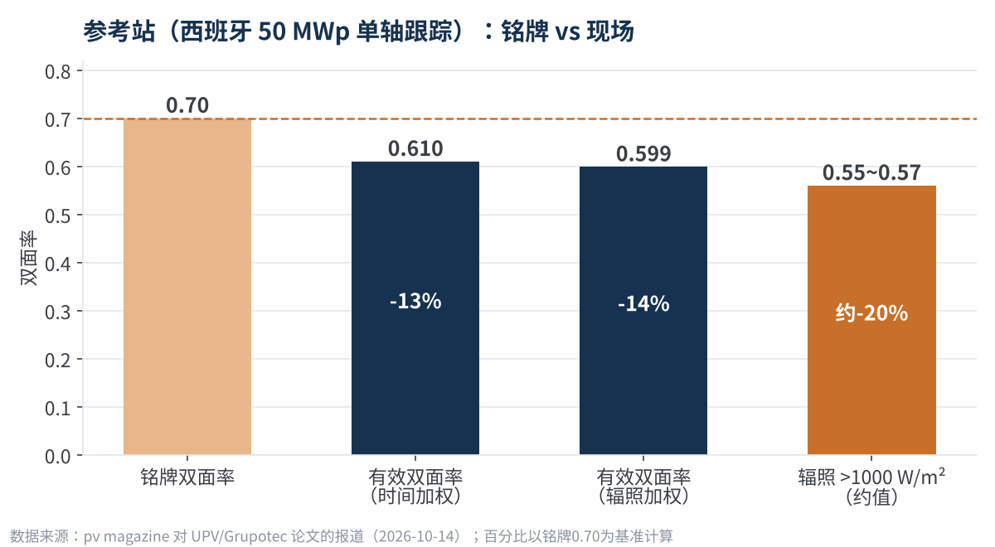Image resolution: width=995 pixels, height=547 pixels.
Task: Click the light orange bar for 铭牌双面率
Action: point(187,287)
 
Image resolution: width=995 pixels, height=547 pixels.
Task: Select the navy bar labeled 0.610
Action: point(415,308)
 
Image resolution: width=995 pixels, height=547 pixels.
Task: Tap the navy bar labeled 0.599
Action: point(643,311)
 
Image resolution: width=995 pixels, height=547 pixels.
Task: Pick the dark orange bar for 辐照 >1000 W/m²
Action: point(871,320)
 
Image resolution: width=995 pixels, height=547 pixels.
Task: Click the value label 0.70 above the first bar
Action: point(187,106)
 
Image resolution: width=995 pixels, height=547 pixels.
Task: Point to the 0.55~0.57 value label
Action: point(871,172)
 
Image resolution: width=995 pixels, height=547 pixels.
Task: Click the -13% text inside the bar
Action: point(415,301)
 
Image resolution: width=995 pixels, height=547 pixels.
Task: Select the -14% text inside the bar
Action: point(643,304)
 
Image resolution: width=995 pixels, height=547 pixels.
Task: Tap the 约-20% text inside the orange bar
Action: point(871,313)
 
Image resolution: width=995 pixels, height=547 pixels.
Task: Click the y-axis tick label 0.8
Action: point(58,71)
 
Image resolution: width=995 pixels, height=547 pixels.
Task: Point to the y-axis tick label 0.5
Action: point(58,215)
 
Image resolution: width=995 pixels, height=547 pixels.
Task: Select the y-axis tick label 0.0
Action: point(58,457)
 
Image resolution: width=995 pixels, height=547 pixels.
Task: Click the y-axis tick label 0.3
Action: point(58,312)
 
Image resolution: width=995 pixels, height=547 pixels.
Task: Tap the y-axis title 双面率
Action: point(28,258)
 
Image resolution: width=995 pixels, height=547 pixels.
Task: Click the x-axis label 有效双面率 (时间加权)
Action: point(415,486)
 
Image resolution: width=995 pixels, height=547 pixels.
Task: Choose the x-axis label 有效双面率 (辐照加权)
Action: point(643,486)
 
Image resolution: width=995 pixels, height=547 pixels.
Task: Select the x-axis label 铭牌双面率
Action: point(187,477)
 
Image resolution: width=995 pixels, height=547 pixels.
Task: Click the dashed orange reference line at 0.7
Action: point(530,119)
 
